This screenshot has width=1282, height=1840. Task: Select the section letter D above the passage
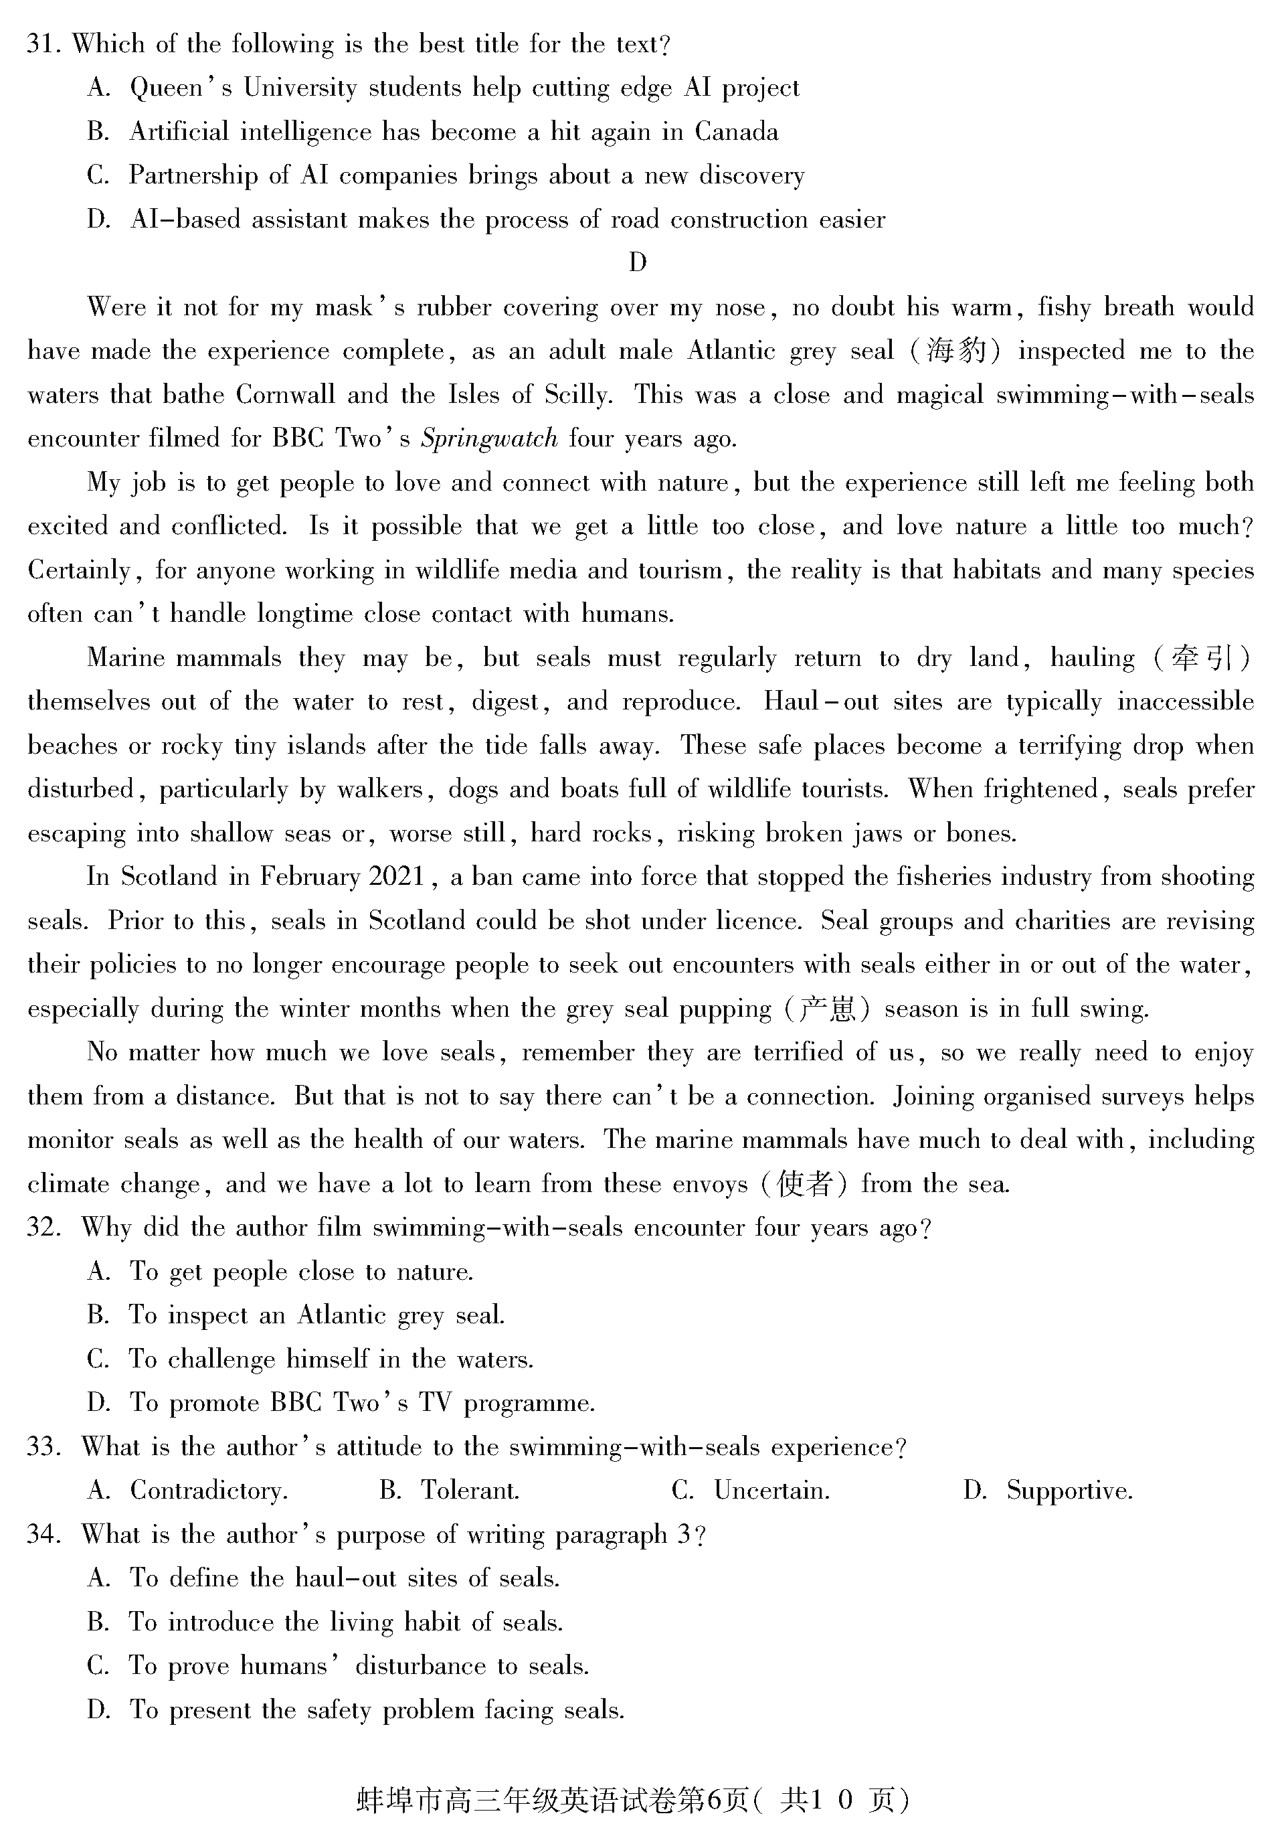638,262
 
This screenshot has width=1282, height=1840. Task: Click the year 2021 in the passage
397,877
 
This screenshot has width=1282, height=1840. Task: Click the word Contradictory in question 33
207,1491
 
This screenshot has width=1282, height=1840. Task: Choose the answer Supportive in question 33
1069,1491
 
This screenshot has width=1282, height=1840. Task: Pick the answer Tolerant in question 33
470,1491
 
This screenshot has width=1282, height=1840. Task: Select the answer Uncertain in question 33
771,1491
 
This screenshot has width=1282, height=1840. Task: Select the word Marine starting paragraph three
126,658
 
